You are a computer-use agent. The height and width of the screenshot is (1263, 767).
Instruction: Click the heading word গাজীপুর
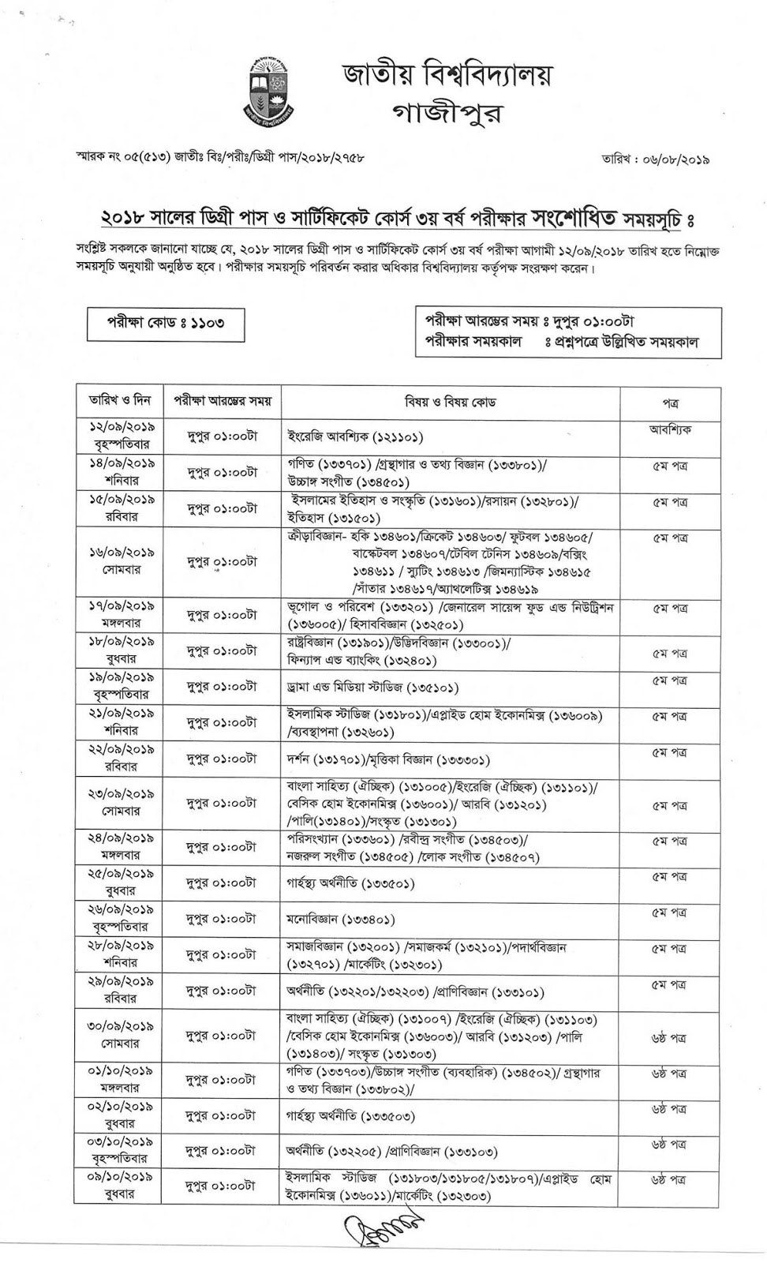coord(447,114)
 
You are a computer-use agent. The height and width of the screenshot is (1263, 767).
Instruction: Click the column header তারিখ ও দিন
coord(120,401)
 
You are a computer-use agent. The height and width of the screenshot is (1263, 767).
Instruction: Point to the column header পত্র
coord(670,403)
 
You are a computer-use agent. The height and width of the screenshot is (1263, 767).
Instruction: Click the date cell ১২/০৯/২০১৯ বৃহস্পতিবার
coord(120,435)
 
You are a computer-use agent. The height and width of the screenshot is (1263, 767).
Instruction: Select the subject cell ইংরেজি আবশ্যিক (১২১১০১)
coord(356,436)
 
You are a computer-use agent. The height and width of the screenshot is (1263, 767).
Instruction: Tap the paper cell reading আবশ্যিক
coord(670,430)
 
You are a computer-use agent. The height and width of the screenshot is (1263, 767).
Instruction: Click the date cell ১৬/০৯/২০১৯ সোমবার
coord(120,561)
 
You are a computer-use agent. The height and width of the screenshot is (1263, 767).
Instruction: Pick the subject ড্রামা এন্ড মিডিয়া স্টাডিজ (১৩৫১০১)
coord(372,688)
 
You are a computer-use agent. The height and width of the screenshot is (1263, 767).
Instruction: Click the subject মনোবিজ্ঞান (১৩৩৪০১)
coord(341,919)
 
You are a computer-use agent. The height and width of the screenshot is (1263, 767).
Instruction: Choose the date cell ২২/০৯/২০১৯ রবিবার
coord(120,757)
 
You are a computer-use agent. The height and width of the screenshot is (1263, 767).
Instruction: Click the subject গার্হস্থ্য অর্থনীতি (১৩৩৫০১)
coord(350,884)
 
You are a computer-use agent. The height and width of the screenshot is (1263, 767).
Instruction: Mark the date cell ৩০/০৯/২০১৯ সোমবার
coord(120,1035)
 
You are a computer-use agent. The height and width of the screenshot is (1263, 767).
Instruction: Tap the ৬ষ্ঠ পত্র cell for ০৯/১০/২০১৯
coord(669,1179)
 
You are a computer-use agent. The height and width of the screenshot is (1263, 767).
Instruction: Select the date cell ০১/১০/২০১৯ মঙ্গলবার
coord(120,1080)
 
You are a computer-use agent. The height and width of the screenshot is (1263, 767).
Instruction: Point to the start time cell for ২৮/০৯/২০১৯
coord(222,955)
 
